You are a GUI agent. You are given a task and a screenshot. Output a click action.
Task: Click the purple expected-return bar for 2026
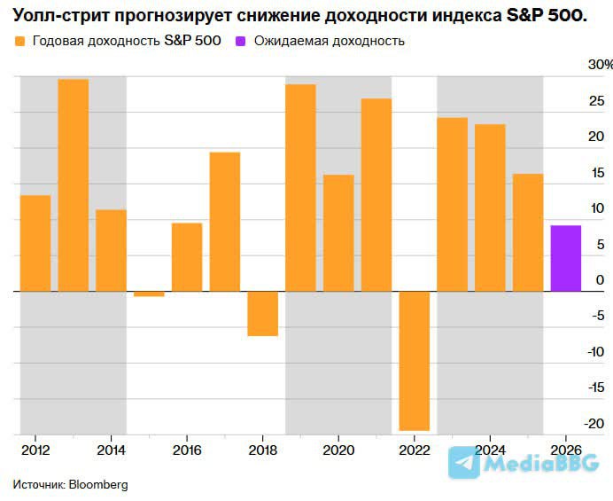pyautogui.click(x=566, y=258)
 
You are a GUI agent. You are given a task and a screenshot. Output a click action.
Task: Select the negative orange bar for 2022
pyautogui.click(x=415, y=360)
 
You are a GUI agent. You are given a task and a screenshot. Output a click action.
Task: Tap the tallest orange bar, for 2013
pyautogui.click(x=74, y=184)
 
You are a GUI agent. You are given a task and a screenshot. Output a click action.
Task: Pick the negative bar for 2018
pyautogui.click(x=262, y=313)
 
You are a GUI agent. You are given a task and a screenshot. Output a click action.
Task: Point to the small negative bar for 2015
pyautogui.click(x=149, y=294)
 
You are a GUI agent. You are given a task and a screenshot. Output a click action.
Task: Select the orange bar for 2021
pyautogui.click(x=376, y=194)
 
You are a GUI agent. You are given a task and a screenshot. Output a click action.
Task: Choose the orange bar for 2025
pyautogui.click(x=528, y=232)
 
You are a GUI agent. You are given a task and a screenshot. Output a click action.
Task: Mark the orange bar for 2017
pyautogui.click(x=225, y=222)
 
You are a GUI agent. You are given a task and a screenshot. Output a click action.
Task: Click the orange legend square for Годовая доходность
pyautogui.click(x=19, y=41)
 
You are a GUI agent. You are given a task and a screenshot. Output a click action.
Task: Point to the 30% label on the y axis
pyautogui.click(x=600, y=65)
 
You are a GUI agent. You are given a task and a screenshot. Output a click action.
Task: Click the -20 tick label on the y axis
pyautogui.click(x=596, y=423)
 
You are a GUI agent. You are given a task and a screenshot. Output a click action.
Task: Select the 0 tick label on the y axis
pyautogui.click(x=600, y=280)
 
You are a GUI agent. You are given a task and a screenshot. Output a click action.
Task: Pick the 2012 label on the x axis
pyautogui.click(x=35, y=450)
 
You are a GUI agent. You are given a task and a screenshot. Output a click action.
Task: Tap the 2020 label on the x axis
pyautogui.click(x=338, y=450)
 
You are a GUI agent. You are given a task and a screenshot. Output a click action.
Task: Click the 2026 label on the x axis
pyautogui.click(x=565, y=450)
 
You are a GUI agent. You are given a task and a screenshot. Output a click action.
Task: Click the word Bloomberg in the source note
pyautogui.click(x=98, y=485)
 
